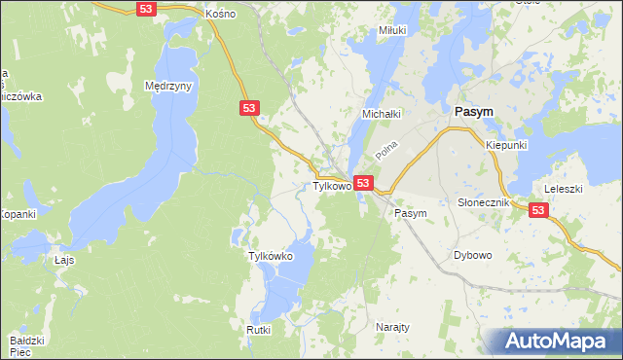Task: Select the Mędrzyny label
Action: click(168, 86)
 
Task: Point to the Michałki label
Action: click(382, 114)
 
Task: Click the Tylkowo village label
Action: click(331, 185)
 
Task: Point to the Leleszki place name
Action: click(563, 189)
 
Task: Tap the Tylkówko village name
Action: click(272, 256)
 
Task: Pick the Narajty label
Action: click(391, 328)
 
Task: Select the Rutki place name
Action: click(258, 330)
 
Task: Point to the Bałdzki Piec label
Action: click(27, 346)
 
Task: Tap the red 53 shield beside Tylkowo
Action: click(363, 183)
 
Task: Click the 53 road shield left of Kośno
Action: click(146, 8)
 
